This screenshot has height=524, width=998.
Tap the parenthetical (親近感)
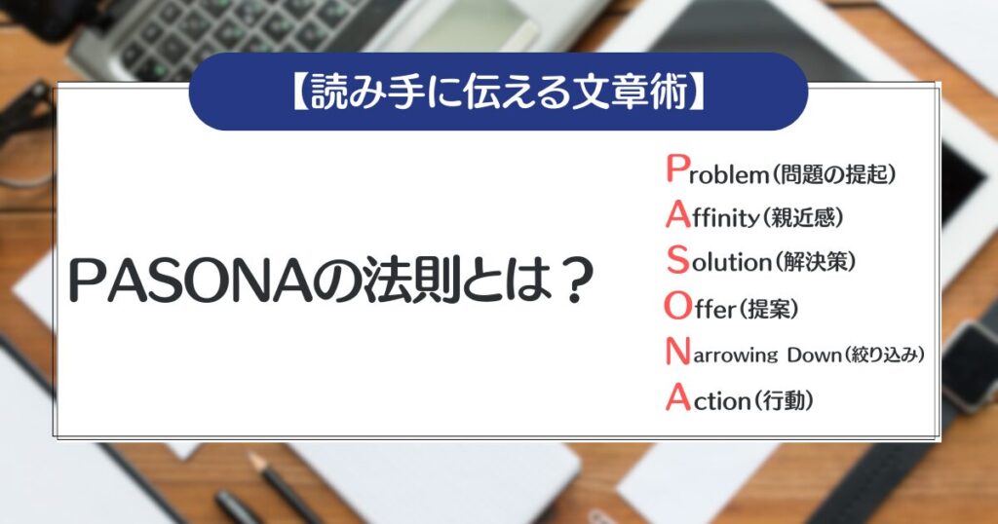coord(801,217)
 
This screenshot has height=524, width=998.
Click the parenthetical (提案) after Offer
coord(769,310)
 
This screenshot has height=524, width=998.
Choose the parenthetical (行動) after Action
coord(783,399)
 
